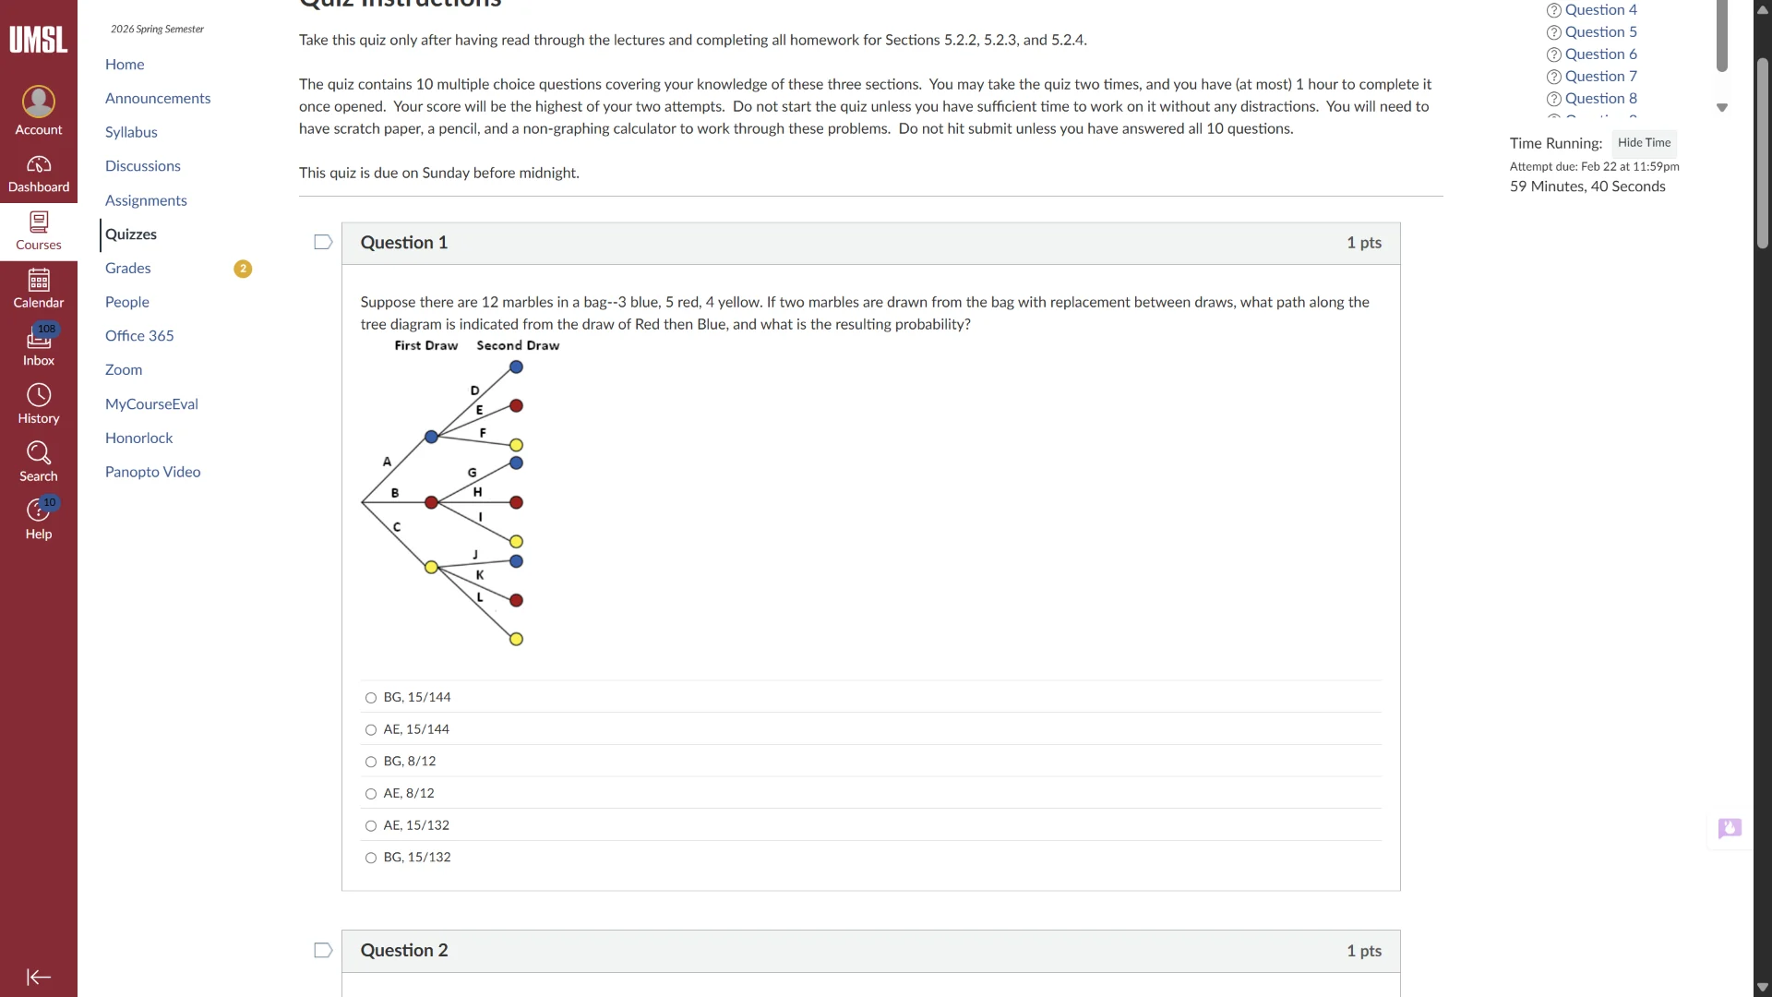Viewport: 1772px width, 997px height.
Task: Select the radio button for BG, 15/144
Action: (371, 698)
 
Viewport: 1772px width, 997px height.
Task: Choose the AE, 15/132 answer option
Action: (371, 826)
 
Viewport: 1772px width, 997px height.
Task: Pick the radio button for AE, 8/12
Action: (371, 794)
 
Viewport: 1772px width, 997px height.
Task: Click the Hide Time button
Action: (1644, 143)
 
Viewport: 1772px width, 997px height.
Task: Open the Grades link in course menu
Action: (127, 269)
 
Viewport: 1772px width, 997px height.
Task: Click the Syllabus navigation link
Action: (131, 132)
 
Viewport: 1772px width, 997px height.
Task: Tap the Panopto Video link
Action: (152, 472)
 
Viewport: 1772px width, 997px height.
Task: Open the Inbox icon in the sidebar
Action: (39, 338)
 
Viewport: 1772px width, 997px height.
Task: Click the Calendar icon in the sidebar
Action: (39, 280)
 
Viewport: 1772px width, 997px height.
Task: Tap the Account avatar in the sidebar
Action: (39, 102)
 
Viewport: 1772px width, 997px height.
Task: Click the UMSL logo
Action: (39, 40)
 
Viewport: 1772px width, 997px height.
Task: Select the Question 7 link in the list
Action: (1600, 77)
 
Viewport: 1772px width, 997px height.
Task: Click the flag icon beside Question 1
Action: (323, 243)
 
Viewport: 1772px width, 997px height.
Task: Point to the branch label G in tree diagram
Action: (473, 473)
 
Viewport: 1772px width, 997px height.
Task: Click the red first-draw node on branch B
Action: (431, 503)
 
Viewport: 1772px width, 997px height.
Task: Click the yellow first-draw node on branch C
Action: (431, 568)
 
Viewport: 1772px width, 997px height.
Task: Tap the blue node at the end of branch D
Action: (517, 367)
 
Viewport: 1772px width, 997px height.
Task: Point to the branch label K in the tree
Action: (480, 575)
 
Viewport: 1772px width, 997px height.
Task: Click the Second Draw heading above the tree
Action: (518, 346)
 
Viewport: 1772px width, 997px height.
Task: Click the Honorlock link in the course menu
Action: (138, 438)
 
